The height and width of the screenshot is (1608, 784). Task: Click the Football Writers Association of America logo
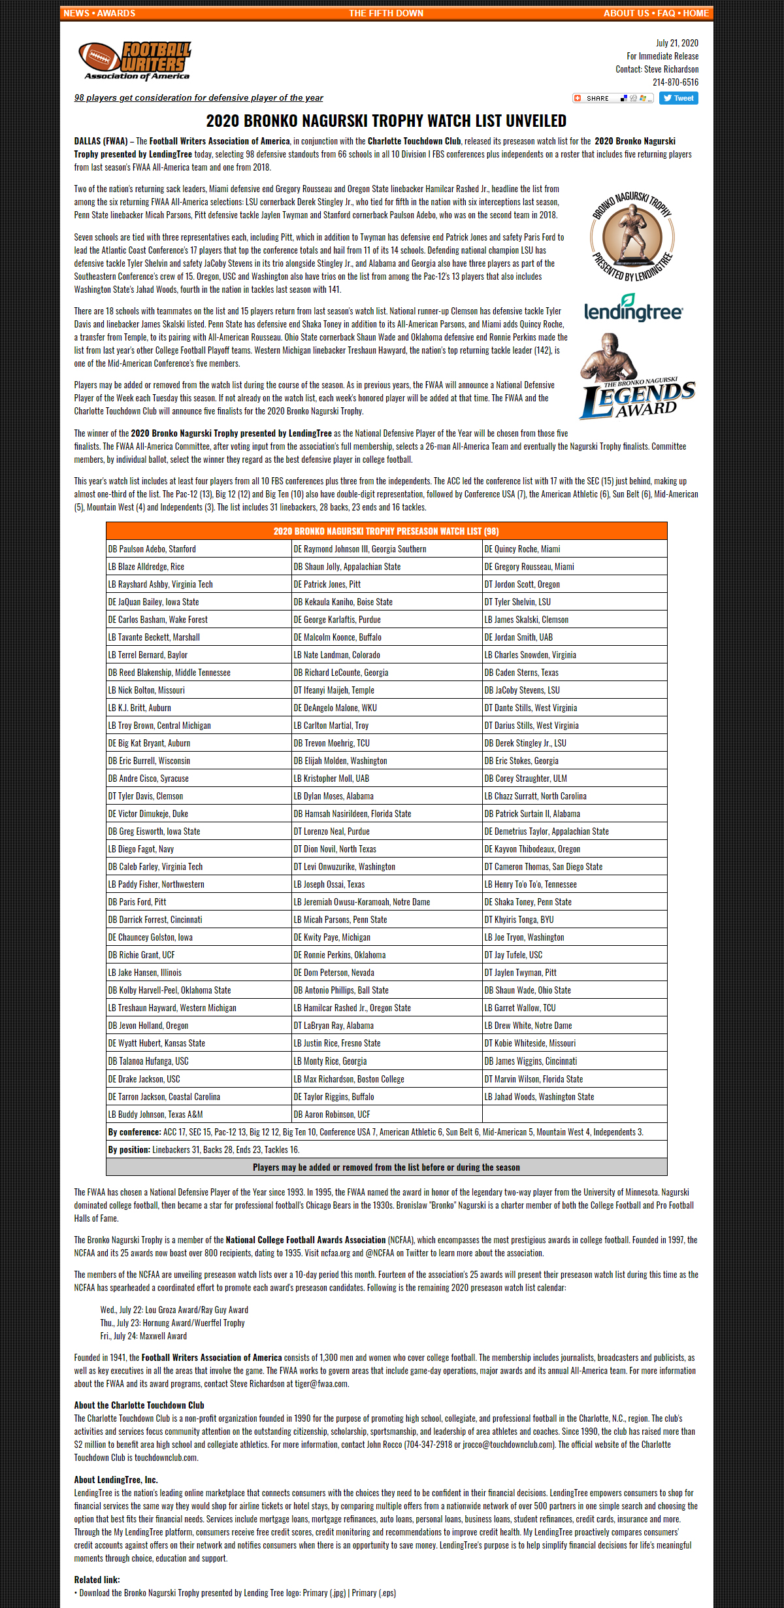pyautogui.click(x=135, y=61)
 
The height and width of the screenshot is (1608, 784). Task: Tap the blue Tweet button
pyautogui.click(x=678, y=98)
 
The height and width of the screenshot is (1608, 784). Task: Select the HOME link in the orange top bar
pyautogui.click(x=696, y=13)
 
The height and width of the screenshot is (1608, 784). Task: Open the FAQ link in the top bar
pyautogui.click(x=666, y=13)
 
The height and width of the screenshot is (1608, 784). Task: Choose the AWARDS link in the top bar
pyautogui.click(x=116, y=13)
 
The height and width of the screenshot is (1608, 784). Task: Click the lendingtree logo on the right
pyautogui.click(x=632, y=309)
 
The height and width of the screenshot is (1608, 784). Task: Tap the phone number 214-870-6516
pyautogui.click(x=676, y=82)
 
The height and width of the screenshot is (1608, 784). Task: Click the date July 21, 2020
pyautogui.click(x=677, y=43)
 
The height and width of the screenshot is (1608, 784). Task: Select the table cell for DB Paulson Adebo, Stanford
pyautogui.click(x=198, y=549)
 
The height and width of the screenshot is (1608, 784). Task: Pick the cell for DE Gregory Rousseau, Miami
pyautogui.click(x=574, y=567)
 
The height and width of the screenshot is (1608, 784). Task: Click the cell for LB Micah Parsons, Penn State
pyautogui.click(x=387, y=920)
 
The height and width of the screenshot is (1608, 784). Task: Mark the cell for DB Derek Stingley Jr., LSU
pyautogui.click(x=574, y=743)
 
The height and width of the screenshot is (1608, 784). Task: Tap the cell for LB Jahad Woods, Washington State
pyautogui.click(x=574, y=1097)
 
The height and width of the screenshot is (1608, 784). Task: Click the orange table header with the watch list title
pyautogui.click(x=386, y=531)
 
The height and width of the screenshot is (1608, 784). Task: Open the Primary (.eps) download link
pyautogui.click(x=374, y=1593)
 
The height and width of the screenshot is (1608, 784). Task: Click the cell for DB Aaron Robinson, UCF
pyautogui.click(x=387, y=1114)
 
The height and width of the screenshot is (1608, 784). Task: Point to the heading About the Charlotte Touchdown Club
pyautogui.click(x=139, y=1405)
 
